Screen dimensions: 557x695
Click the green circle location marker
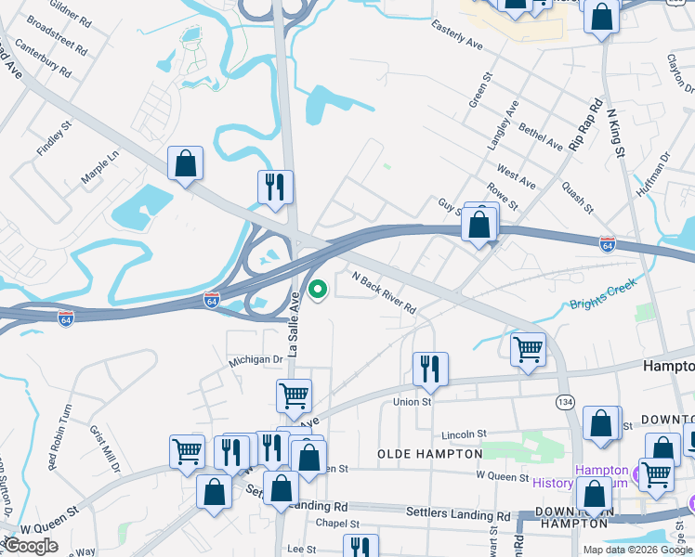click(x=318, y=291)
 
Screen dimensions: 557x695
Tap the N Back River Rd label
click(x=383, y=292)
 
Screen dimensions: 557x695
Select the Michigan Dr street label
click(x=256, y=359)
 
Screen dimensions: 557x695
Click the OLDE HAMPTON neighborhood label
click(x=429, y=454)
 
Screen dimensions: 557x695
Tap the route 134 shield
click(x=564, y=401)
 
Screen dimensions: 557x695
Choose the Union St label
click(x=413, y=402)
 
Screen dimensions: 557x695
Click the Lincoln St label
click(x=464, y=434)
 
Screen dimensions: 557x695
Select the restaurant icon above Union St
click(x=430, y=368)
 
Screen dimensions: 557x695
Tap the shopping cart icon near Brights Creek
click(x=528, y=349)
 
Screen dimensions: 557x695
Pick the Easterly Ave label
click(x=457, y=37)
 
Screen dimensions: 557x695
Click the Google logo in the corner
click(x=31, y=546)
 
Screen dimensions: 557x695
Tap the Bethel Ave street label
click(x=541, y=137)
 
